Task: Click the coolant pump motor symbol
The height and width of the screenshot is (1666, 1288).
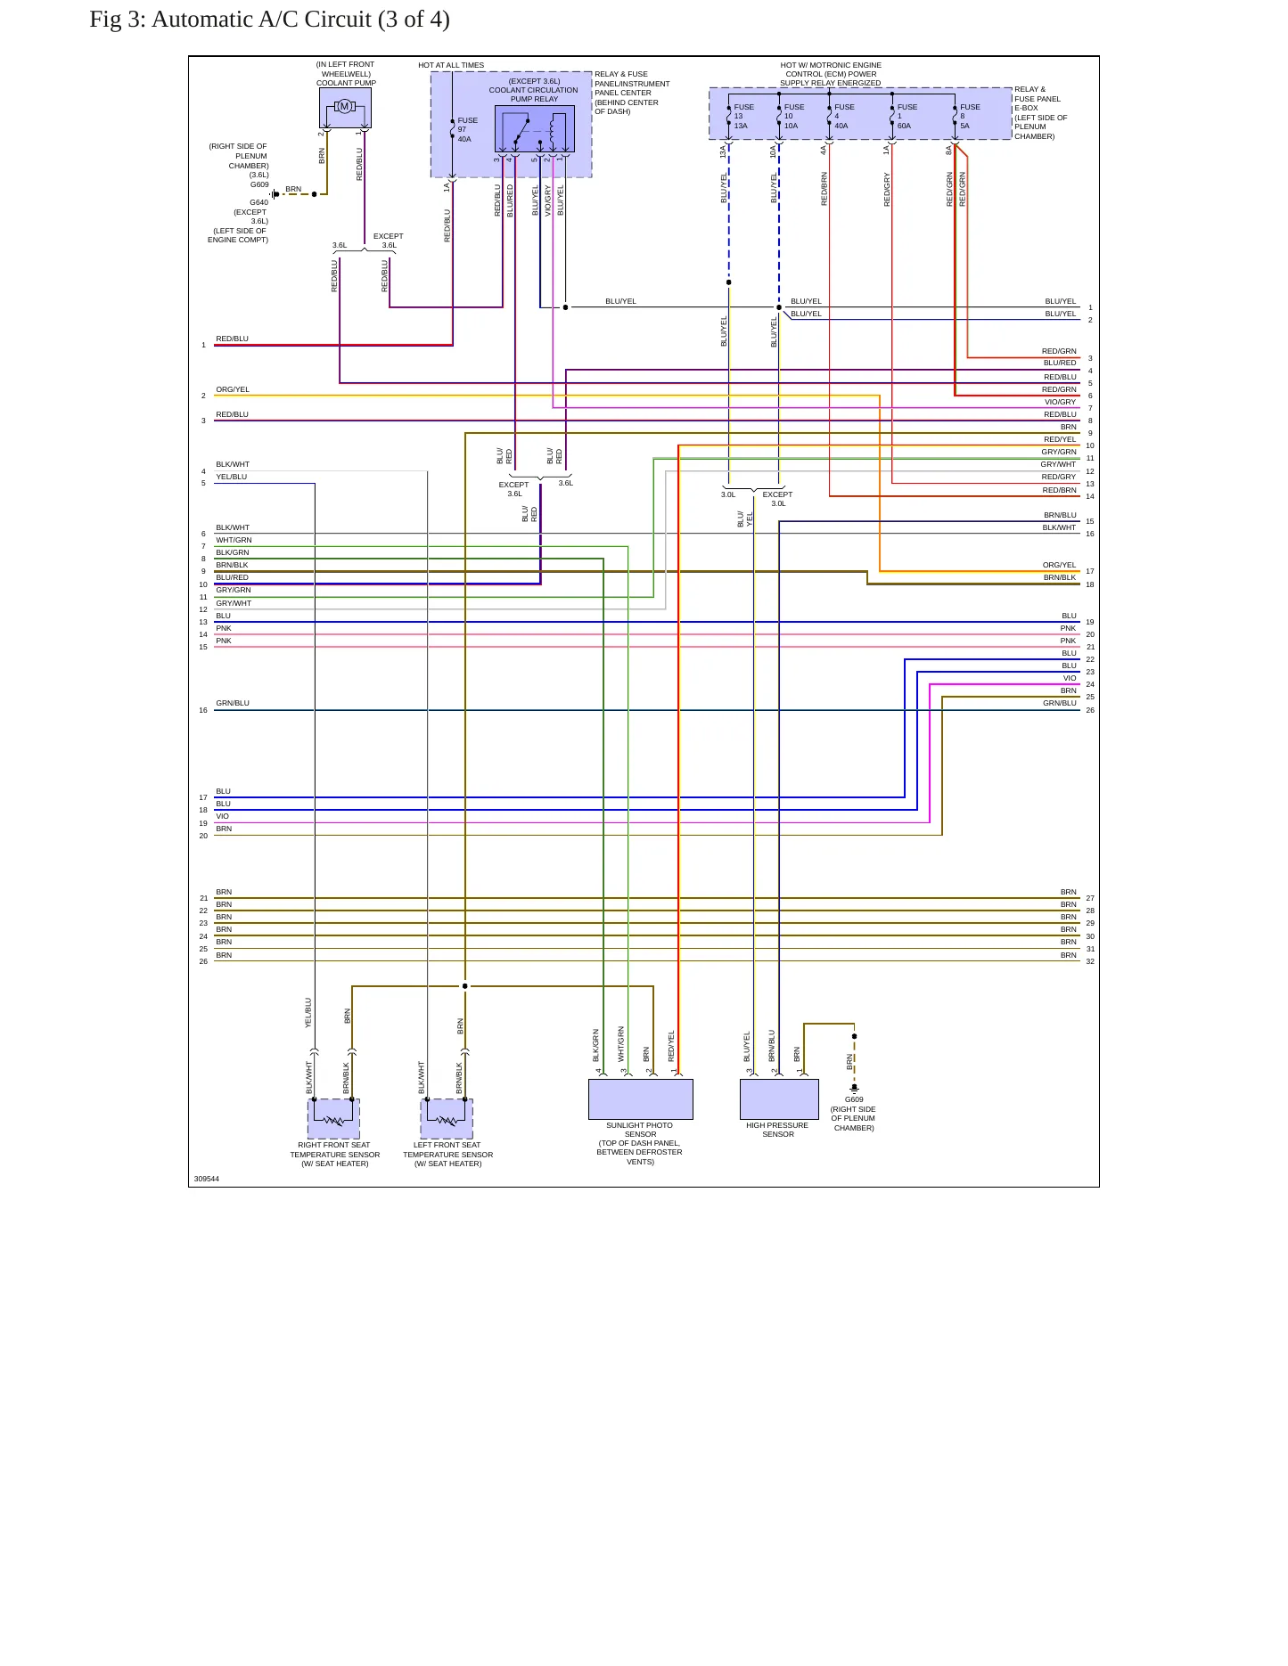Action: [x=345, y=107]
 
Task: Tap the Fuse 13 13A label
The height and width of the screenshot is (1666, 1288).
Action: [x=743, y=117]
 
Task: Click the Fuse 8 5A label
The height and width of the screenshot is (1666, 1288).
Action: [x=970, y=117]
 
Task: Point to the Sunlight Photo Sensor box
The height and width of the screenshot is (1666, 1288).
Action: [x=640, y=1099]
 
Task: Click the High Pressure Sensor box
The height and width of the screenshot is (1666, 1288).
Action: [x=779, y=1099]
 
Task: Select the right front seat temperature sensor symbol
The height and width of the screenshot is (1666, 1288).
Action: [x=333, y=1119]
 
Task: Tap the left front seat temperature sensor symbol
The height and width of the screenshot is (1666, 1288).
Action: [x=447, y=1119]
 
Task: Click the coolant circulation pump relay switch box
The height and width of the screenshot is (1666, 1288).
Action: [x=534, y=129]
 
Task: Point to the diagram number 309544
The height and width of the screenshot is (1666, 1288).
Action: [x=207, y=1179]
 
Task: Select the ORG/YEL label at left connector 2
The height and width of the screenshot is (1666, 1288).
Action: [x=233, y=389]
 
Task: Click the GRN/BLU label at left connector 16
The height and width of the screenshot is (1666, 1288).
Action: [x=233, y=703]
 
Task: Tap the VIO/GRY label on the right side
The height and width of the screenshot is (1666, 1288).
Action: [x=1060, y=402]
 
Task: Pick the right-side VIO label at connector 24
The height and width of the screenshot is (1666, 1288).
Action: [x=1070, y=678]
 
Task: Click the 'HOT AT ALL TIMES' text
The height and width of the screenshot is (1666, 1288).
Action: [x=451, y=65]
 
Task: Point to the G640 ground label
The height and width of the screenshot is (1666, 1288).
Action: [x=258, y=202]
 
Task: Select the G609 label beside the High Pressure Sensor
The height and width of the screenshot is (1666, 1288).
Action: [x=854, y=1099]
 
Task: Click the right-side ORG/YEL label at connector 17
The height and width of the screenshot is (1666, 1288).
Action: [x=1060, y=565]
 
